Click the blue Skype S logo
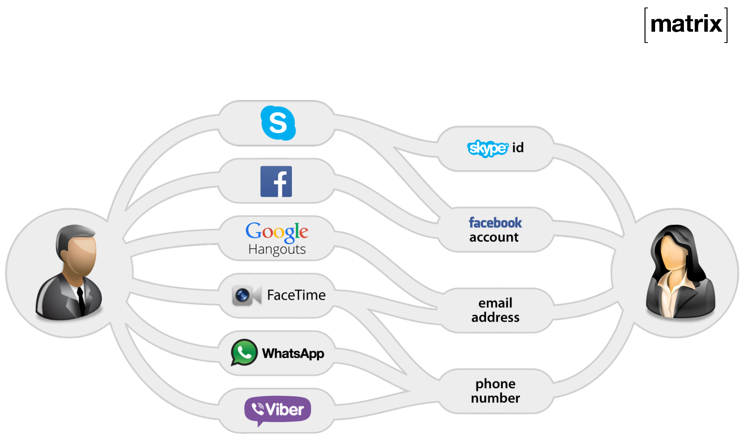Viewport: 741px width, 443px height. click(278, 123)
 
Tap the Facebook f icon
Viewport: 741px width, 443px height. click(276, 181)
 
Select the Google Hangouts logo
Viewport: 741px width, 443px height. click(277, 238)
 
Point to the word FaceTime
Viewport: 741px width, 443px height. click(296, 295)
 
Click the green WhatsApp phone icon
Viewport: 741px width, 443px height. click(244, 352)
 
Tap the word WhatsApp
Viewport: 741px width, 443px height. click(293, 354)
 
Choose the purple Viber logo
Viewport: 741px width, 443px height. click(277, 410)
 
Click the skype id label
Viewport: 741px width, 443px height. click(495, 148)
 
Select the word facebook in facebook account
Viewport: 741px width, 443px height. click(495, 223)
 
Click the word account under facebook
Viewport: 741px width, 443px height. click(494, 237)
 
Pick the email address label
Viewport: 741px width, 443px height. click(495, 310)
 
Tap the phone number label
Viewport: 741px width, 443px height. click(495, 391)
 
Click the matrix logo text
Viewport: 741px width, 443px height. click(686, 24)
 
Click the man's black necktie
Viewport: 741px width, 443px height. click(81, 300)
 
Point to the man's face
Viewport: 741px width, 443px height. click(81, 254)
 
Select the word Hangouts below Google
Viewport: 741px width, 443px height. click(277, 249)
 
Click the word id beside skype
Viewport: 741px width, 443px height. click(518, 148)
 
